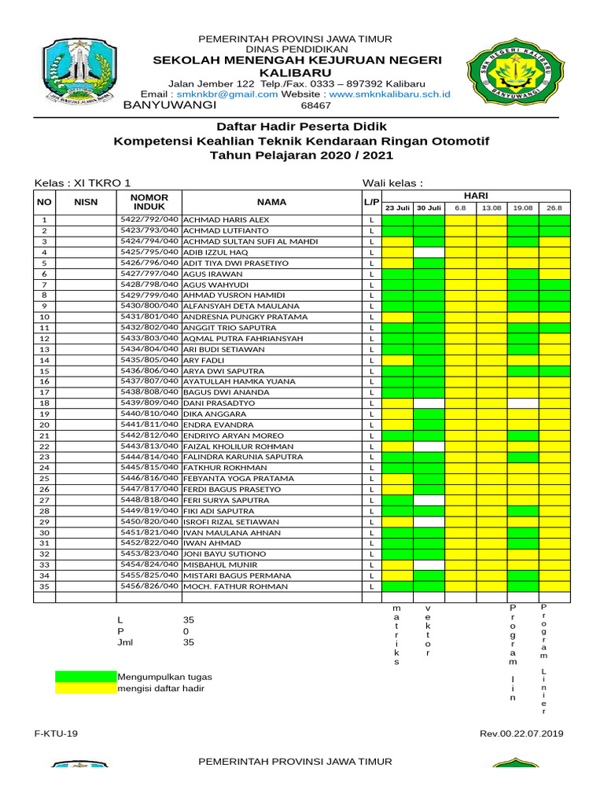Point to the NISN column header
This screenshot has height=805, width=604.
point(86,202)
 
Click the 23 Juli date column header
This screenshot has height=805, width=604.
point(397,208)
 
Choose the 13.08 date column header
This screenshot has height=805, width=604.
point(492,208)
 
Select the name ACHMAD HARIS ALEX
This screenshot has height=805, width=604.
point(226,219)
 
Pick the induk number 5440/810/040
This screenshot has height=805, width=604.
point(149,414)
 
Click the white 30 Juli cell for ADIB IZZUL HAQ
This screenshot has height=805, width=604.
point(429,252)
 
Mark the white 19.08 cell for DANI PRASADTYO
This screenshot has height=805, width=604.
point(523,402)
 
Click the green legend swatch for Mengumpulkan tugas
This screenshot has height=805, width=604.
point(85,677)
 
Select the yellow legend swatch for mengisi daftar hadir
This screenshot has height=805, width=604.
point(85,688)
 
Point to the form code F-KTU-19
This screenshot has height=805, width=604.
point(56,733)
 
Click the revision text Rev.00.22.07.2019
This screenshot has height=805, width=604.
point(521,733)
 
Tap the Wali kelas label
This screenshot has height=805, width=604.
point(392,183)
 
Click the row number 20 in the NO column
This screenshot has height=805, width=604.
point(45,425)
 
